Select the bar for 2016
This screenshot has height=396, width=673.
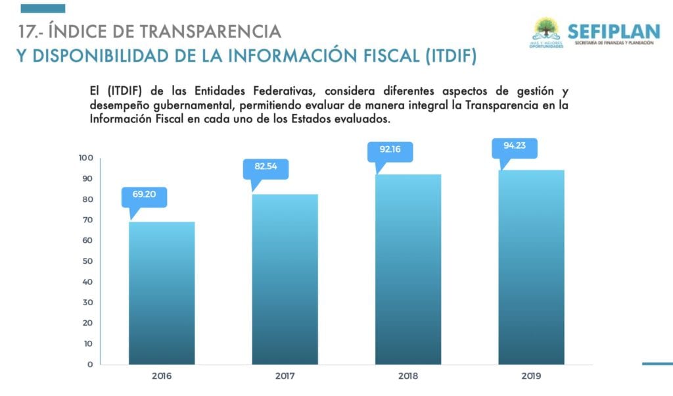click(x=162, y=293)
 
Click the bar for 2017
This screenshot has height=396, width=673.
click(x=285, y=279)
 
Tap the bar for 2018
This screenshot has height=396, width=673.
click(x=408, y=269)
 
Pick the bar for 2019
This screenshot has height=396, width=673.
click(x=531, y=267)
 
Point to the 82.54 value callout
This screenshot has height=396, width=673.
click(x=266, y=167)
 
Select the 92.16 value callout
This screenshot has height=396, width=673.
click(x=390, y=150)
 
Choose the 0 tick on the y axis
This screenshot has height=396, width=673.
click(x=90, y=364)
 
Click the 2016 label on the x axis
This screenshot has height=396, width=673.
click(x=162, y=377)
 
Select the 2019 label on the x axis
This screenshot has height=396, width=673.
click(x=531, y=377)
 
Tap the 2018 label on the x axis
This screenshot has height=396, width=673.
click(x=408, y=377)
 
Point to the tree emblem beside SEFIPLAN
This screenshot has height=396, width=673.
click(x=545, y=28)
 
